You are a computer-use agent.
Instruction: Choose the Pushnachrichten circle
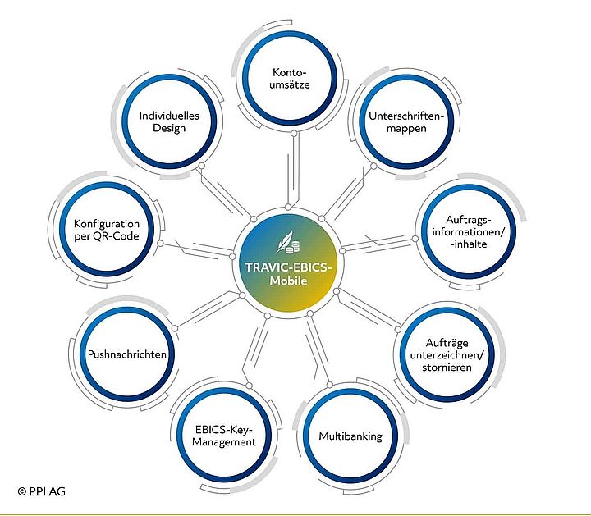pos(127,355)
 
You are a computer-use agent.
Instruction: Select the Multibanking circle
pos(350,436)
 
